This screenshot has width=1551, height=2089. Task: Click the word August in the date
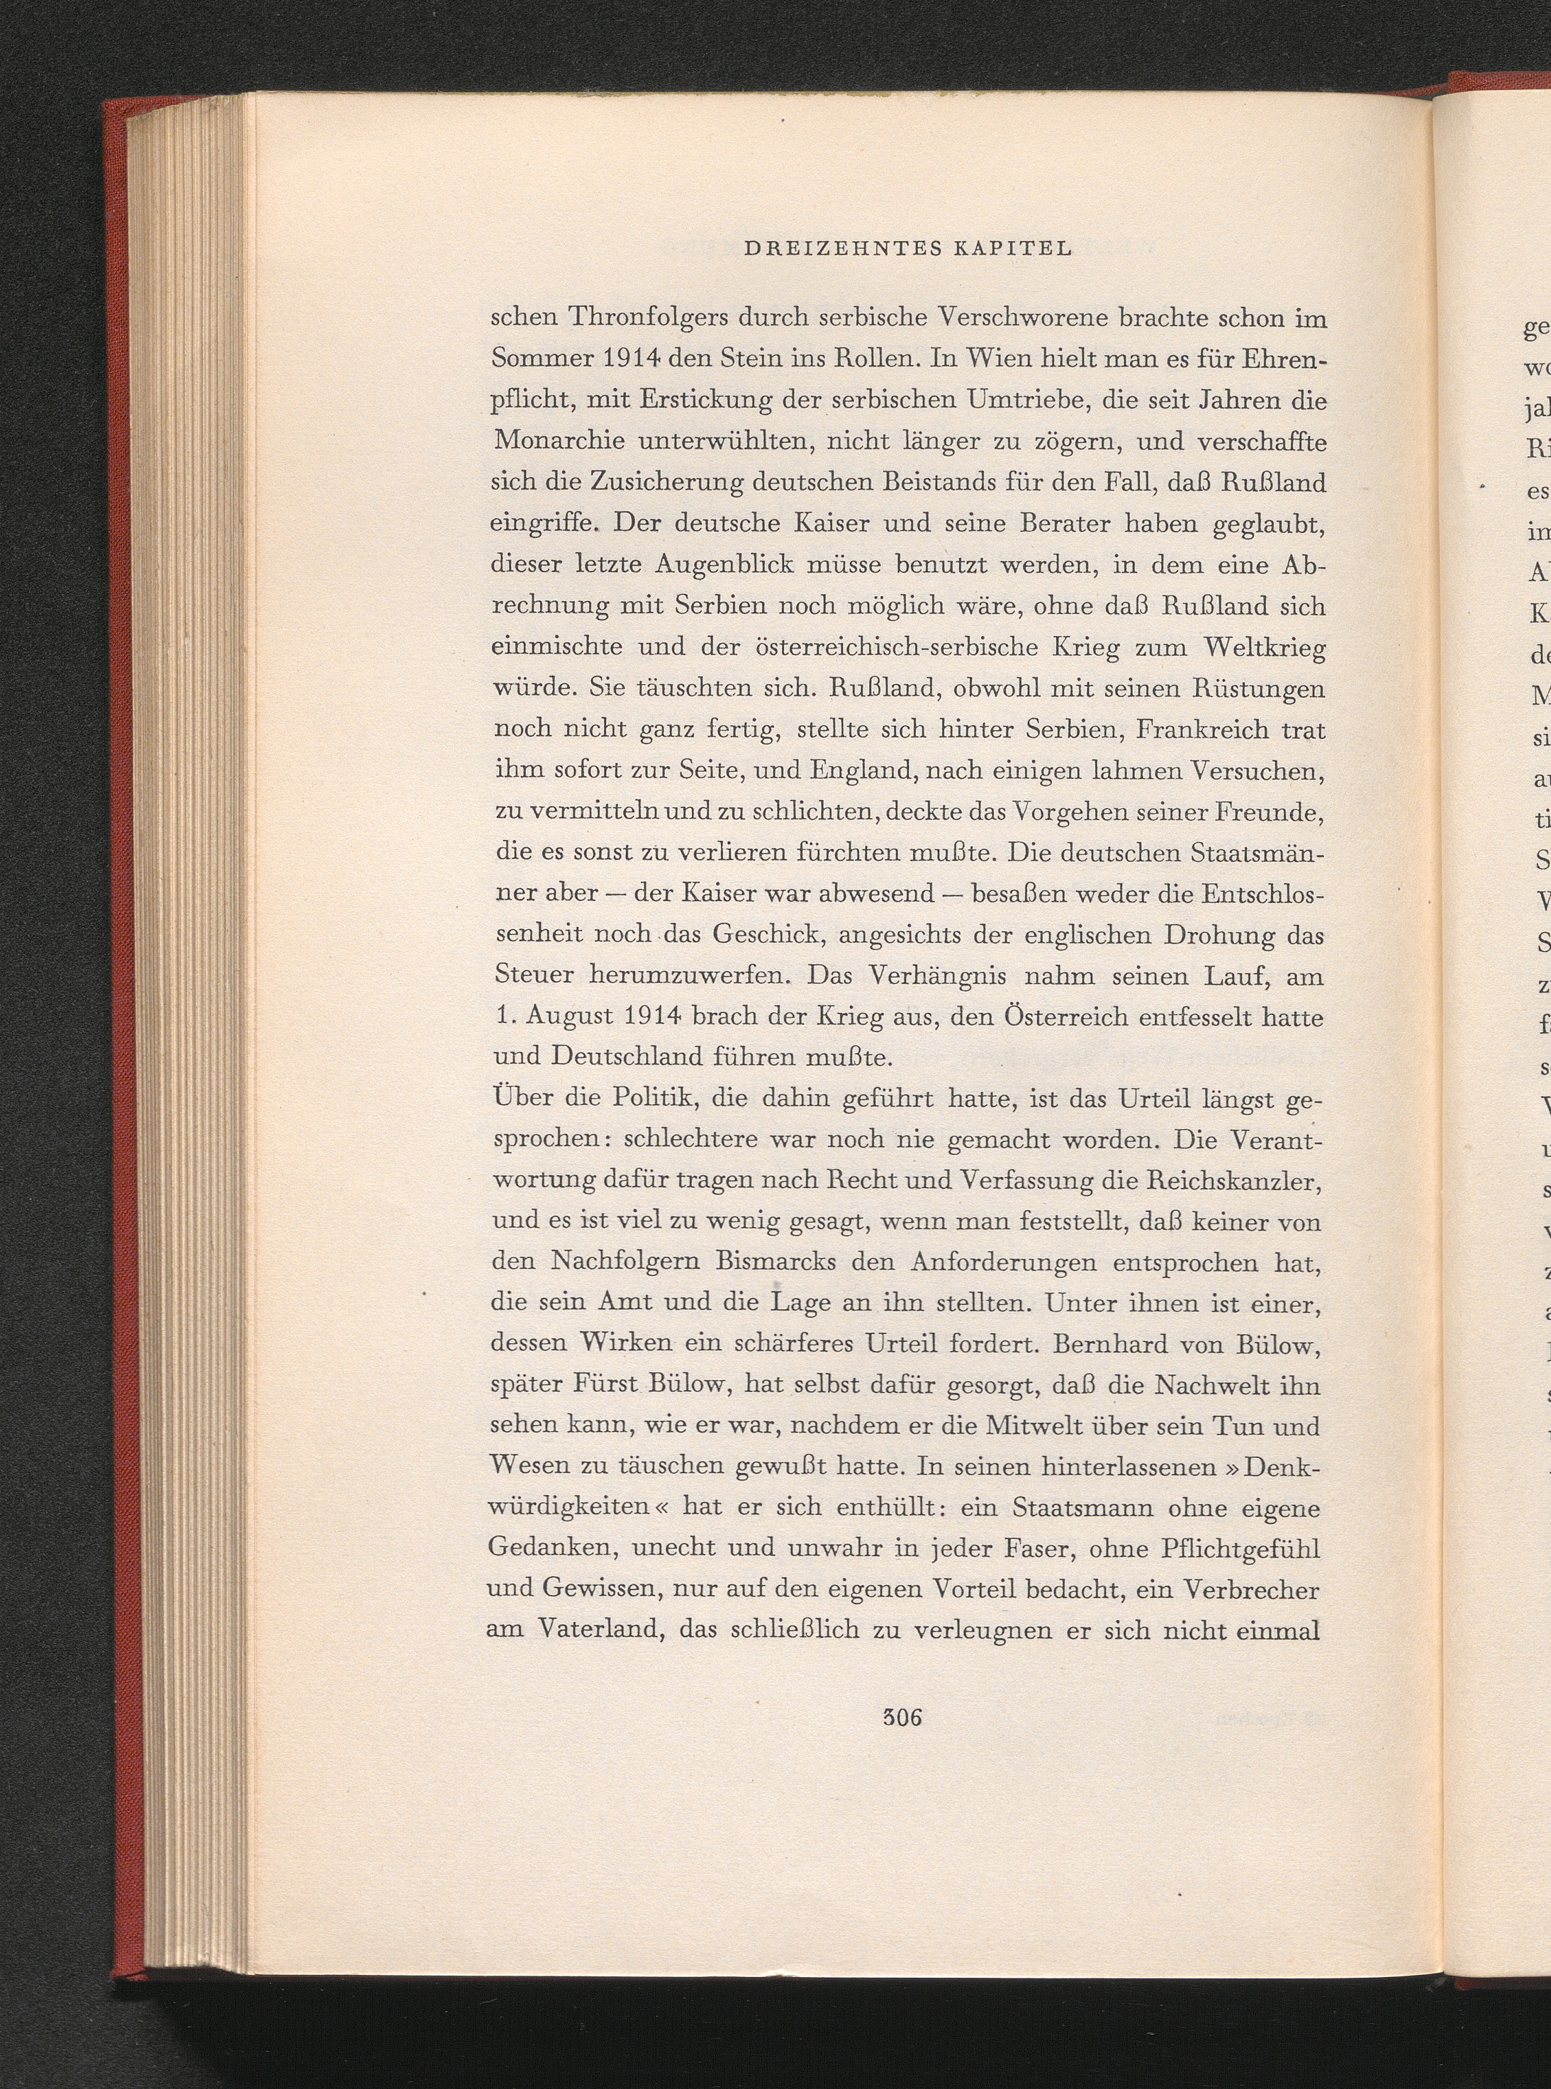(x=573, y=1017)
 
